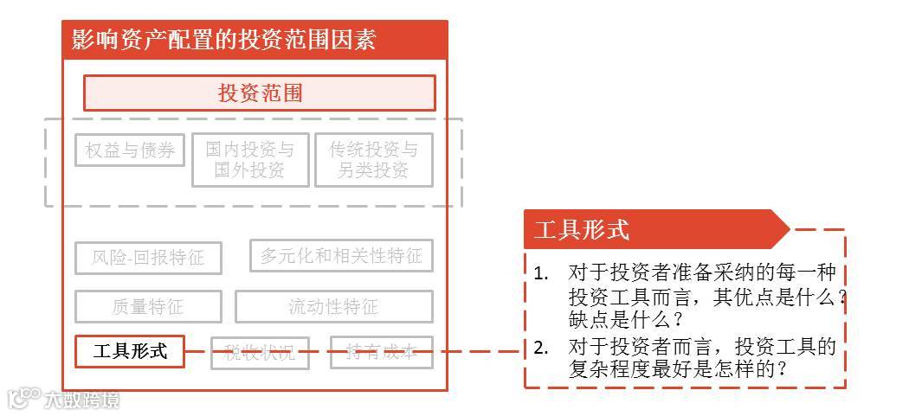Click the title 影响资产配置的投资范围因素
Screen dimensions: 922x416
[223, 40]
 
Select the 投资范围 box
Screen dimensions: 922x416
[260, 93]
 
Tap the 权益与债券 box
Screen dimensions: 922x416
[130, 150]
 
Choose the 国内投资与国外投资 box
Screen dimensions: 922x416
[250, 160]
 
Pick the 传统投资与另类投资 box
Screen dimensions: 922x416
[373, 160]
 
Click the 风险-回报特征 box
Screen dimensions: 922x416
[148, 258]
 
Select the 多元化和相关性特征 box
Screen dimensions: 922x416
[341, 256]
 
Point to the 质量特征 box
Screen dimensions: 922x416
[148, 307]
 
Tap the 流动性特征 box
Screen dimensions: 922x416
[333, 307]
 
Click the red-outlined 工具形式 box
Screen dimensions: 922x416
[130, 352]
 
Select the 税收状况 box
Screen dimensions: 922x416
[260, 352]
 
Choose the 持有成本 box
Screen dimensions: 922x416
[381, 352]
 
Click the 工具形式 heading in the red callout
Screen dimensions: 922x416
[582, 230]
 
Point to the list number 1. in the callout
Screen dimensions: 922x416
[541, 273]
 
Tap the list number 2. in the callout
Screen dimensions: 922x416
[541, 348]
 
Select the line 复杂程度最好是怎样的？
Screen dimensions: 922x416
[678, 369]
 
